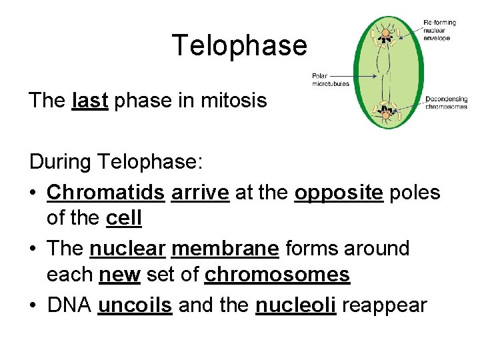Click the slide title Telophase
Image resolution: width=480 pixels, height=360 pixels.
pos(239,45)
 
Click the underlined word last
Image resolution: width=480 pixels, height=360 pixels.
pos(89,101)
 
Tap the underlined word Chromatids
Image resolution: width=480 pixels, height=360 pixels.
pos(105,193)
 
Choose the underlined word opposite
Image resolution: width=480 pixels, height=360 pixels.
pos(339,193)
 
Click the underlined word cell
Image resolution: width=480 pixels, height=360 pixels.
pos(124,218)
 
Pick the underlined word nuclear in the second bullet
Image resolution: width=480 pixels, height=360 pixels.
pos(127,249)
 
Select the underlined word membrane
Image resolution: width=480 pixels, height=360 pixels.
pos(225,249)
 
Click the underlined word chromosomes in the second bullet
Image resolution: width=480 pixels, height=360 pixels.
pos(277,274)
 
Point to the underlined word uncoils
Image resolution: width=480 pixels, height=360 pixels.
pos(135,305)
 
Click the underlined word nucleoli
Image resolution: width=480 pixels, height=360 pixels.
pos(295,305)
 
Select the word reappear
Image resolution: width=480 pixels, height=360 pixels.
pos(382,305)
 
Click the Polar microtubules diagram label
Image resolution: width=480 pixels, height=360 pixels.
pos(330,80)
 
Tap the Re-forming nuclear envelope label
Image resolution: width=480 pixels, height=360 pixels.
pos(441,31)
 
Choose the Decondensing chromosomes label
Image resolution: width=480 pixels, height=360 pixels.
pos(446,103)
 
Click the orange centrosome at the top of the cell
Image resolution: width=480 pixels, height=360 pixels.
pos(386,31)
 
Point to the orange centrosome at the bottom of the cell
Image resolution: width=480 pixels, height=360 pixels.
pos(385,115)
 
